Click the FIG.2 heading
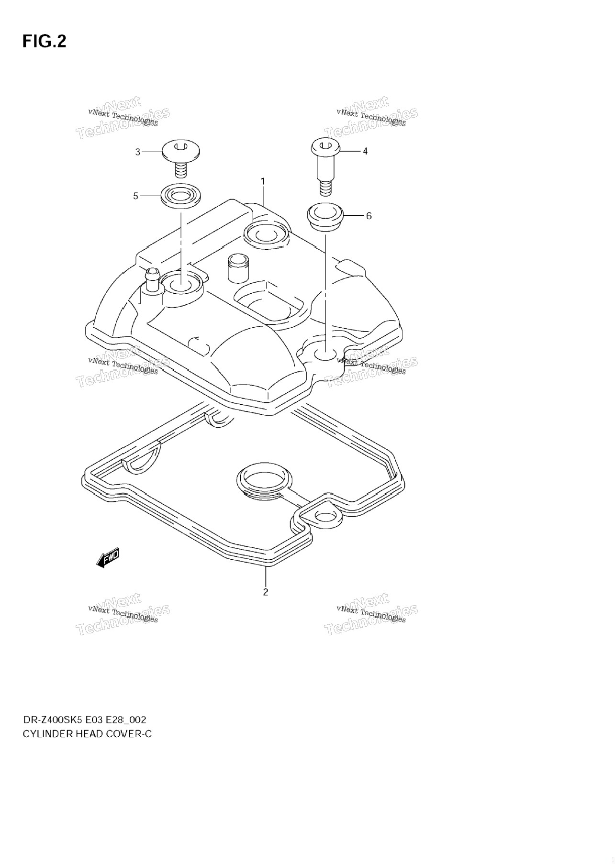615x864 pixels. (44, 42)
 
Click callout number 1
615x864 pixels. (263, 181)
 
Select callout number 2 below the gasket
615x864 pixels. (266, 592)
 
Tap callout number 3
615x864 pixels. (138, 152)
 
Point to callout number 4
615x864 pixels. (365, 151)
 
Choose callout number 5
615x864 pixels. (135, 196)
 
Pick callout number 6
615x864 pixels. (369, 216)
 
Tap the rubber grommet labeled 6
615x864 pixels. (325, 217)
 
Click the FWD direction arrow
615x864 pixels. (107, 558)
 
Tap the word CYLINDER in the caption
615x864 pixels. (48, 734)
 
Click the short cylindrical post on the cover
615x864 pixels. (237, 267)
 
